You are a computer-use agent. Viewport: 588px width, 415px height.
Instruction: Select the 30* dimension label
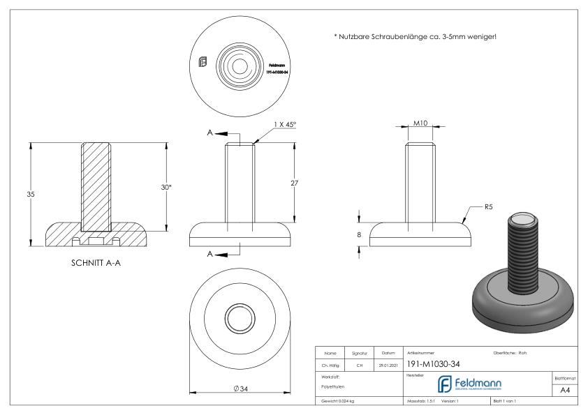[167, 187]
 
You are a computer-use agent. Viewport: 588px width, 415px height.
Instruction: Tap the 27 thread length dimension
[295, 182]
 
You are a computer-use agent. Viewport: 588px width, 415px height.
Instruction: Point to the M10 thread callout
[420, 123]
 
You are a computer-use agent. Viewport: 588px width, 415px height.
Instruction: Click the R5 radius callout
[490, 207]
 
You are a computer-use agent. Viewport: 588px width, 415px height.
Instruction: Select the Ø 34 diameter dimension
[240, 388]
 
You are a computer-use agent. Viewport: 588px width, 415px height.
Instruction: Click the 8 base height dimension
[359, 235]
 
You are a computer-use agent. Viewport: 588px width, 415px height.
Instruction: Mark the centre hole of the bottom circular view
[240, 318]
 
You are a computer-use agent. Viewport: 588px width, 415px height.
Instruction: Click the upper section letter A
[210, 133]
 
